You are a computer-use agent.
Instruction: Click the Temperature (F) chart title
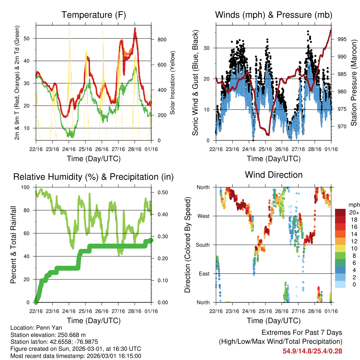click(94, 15)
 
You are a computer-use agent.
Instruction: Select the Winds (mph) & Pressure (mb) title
click(274, 15)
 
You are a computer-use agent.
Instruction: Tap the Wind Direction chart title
click(274, 175)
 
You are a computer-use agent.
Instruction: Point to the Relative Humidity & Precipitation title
click(94, 177)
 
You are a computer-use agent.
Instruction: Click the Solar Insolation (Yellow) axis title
click(173, 83)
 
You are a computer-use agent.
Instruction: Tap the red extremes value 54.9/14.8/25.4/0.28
click(312, 351)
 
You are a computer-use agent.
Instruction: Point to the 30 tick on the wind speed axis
click(208, 48)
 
